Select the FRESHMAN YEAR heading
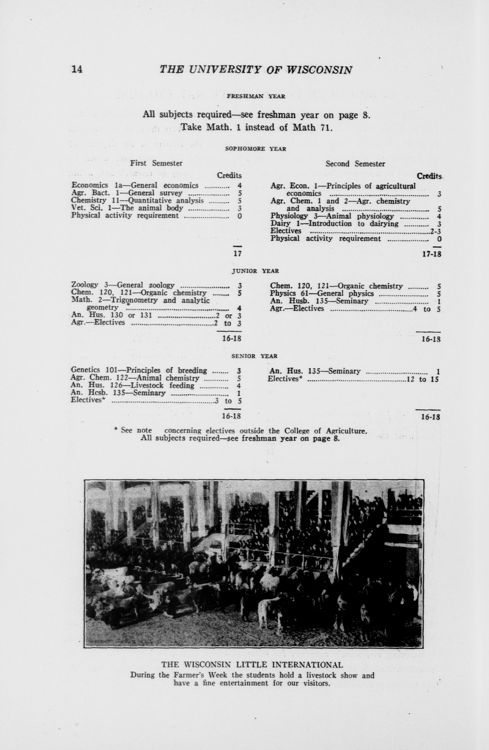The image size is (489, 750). coord(256,97)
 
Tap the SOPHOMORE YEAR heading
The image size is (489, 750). coord(256,149)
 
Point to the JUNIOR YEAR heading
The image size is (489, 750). coord(255,271)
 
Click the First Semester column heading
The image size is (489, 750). coord(156,163)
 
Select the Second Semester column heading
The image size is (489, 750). coord(355,164)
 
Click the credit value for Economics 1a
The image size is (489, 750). coord(239,186)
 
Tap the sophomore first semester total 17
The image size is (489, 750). coord(237,253)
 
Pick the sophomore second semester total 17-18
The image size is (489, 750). coord(431,254)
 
